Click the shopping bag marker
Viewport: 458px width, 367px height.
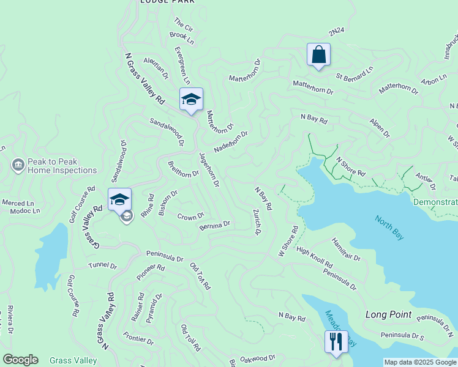(318, 54)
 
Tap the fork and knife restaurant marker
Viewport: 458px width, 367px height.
(336, 341)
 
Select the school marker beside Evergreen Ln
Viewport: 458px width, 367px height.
(191, 100)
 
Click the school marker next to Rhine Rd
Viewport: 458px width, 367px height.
(120, 199)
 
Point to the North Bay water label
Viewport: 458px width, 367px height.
(389, 228)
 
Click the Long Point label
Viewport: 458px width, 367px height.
(388, 314)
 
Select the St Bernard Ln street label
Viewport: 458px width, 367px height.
(355, 75)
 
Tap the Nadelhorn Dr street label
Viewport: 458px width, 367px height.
(231, 142)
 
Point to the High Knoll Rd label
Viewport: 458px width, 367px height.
(314, 257)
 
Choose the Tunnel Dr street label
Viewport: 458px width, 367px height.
(102, 265)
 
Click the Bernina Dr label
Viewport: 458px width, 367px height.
(214, 226)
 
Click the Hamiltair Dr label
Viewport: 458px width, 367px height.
(346, 249)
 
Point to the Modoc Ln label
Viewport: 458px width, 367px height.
(25, 211)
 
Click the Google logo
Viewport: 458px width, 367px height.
(20, 360)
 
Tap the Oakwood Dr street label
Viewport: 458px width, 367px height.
(258, 358)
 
